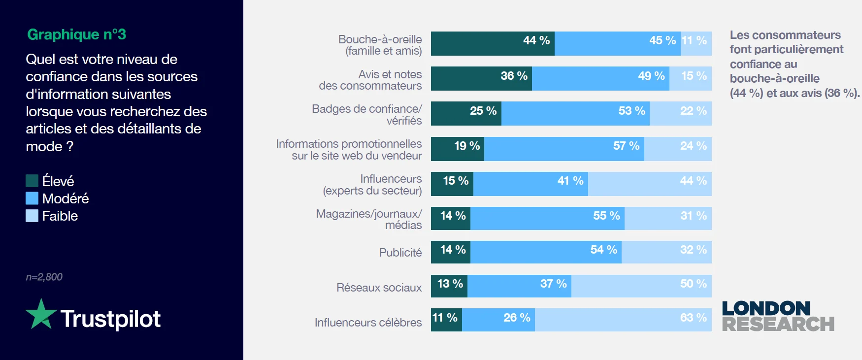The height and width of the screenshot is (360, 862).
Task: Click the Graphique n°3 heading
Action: [76, 34]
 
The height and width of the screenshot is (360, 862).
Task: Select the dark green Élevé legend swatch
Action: [32, 181]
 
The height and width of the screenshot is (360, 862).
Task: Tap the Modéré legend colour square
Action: [32, 198]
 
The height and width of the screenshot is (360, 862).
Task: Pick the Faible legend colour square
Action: [32, 216]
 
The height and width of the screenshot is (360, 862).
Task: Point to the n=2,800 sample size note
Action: [44, 277]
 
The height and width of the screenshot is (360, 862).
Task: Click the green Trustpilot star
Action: [41, 314]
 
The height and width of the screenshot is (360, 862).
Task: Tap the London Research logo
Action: [778, 317]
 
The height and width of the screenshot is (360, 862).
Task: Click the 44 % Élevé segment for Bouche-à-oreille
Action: [493, 44]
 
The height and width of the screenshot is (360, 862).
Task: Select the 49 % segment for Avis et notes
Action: [600, 79]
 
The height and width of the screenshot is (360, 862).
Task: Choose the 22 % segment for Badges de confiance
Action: [680, 114]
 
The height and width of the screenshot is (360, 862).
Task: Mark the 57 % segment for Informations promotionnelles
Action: [564, 149]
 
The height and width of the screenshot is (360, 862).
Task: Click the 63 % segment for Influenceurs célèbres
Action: [623, 320]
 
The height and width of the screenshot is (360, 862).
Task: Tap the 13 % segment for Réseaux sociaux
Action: [449, 286]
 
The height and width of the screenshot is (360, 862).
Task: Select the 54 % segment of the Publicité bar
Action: [546, 252]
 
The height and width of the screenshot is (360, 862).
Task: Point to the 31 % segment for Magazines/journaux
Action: [668, 218]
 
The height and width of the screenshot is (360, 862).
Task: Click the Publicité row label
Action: [400, 253]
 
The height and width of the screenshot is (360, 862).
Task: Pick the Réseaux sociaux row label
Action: [379, 288]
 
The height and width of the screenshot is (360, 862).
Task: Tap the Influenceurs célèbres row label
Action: [368, 323]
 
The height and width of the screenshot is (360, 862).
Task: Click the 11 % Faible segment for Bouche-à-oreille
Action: [696, 44]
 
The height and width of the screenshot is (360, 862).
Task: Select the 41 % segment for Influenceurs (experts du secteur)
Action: [530, 184]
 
